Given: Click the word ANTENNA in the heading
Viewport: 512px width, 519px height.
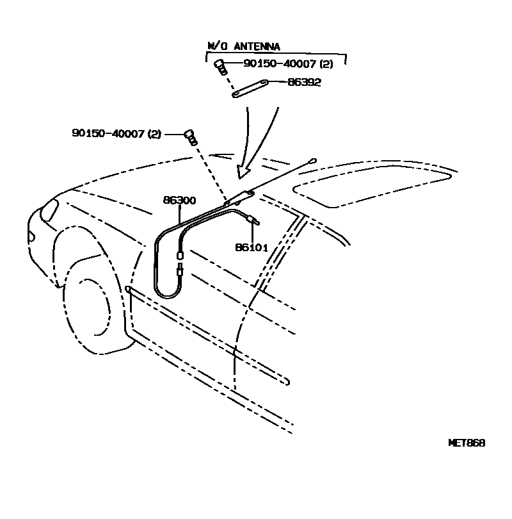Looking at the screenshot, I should coord(258,46).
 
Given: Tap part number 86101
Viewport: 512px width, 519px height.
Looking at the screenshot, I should coord(252,247).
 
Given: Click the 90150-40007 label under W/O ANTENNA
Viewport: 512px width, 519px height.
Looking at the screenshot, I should coord(287,63).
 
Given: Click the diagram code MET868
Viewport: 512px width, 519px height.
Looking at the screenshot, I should coord(466,443).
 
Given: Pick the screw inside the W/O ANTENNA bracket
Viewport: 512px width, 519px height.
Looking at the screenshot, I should coord(220,65).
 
